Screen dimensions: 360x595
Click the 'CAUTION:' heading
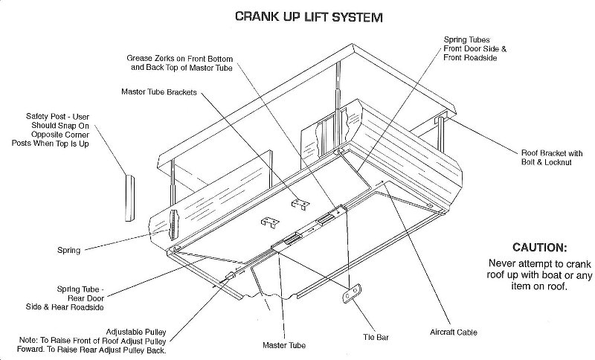539,247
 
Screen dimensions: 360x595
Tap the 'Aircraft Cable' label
453,332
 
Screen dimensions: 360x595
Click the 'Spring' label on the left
68,250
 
